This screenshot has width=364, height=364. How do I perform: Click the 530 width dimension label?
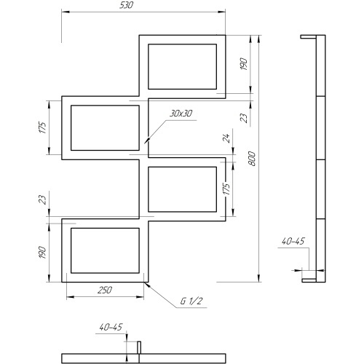pos(126,5)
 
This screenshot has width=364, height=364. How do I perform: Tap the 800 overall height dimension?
pos(252,159)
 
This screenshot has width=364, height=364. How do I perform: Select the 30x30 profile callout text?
pos(181,114)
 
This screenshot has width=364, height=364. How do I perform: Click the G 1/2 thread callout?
pos(191,301)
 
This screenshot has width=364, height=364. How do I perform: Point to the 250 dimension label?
pos(105,290)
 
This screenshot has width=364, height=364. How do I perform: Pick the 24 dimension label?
pos(226,138)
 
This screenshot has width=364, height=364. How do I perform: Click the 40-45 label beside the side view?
pos(293,241)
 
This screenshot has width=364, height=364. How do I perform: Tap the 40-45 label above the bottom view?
pos(111,327)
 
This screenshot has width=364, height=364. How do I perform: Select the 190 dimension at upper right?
pos(244,64)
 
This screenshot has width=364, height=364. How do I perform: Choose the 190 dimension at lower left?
pos(42,253)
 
